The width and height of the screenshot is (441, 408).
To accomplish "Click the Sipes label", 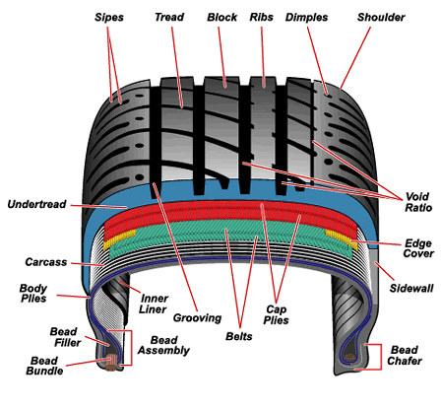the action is point(109,17).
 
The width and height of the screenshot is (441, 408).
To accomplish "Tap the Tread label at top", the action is point(169,17).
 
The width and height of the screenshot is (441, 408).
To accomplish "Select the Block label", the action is point(221,17).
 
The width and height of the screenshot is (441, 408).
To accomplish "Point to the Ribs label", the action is point(261,17).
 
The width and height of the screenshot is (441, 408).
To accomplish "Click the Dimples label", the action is point(306,18).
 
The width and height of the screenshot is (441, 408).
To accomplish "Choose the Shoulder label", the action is point(381,17).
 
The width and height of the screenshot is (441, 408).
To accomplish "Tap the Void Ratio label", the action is point(417,202).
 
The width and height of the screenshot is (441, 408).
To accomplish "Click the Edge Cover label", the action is point(418,248).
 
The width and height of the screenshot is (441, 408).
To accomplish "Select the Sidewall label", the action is point(411,288).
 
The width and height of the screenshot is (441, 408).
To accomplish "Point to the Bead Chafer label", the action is point(405,355).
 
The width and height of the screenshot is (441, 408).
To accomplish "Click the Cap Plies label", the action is point(276,314).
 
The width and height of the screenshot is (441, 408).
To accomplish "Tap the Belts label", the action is point(239,336).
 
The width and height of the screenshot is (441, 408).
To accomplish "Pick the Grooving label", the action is point(197,318).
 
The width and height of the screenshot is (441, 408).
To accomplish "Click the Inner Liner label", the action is point(154,304).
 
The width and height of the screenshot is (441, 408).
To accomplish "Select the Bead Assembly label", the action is point(163,345).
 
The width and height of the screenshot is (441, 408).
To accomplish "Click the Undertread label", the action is point(36,204).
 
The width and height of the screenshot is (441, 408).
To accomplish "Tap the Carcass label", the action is point(46,262).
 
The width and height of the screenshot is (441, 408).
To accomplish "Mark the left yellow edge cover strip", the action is point(120,239).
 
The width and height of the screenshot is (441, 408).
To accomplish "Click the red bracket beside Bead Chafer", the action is point(381,357).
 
